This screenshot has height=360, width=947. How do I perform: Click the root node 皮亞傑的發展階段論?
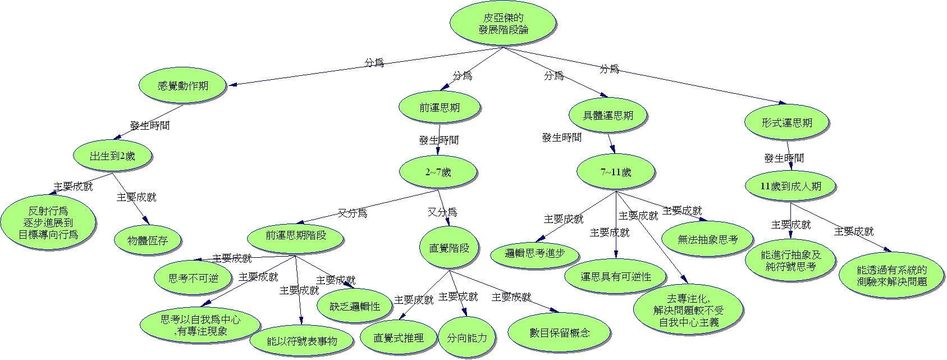(503, 24)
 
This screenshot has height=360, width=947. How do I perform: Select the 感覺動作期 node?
(183, 86)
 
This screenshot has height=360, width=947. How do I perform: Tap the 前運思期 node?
(439, 107)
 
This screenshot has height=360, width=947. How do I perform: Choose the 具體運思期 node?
(608, 116)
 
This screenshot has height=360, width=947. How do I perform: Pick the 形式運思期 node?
(787, 122)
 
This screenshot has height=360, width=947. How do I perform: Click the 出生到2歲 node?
(112, 156)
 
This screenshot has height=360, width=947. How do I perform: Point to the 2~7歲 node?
(438, 172)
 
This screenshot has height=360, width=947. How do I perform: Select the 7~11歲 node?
(615, 172)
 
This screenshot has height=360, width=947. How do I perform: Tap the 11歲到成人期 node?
(790, 186)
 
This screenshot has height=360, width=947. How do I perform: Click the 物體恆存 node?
(148, 241)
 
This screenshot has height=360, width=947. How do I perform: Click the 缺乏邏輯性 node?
(355, 307)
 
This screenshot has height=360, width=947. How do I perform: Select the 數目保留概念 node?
(560, 332)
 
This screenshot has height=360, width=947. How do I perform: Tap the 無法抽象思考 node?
(707, 239)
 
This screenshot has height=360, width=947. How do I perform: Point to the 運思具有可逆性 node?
(616, 276)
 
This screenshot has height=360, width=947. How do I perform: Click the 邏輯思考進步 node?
(535, 253)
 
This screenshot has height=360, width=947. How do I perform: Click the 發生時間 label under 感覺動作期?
(150, 125)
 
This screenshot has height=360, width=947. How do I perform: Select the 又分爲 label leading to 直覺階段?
(442, 212)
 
